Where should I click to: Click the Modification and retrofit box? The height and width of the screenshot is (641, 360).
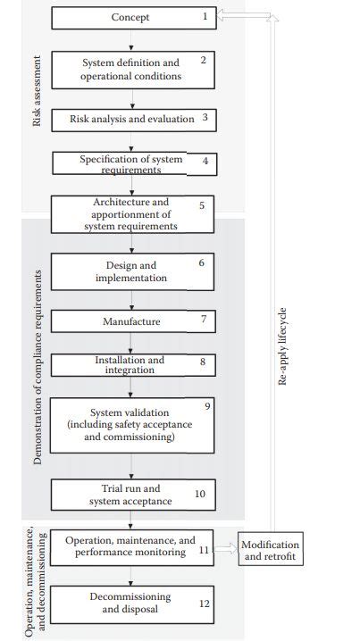[271, 551]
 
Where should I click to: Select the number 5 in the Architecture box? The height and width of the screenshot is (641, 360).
[201, 205]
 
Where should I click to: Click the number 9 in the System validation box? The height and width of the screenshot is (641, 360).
[206, 407]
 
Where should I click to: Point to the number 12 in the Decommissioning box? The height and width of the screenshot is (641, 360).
[204, 604]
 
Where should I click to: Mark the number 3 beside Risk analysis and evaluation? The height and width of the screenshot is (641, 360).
[205, 118]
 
